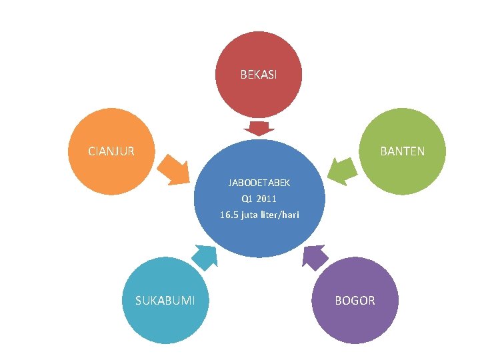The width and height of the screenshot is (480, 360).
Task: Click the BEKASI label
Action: coord(259,75)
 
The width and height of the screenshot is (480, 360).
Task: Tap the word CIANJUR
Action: coord(111,151)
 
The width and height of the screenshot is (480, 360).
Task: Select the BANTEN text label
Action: coord(402,151)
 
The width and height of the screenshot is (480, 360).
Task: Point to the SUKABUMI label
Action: coord(165,301)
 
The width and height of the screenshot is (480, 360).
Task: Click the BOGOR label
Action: coord(355,301)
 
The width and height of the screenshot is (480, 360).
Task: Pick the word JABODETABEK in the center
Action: coord(259,182)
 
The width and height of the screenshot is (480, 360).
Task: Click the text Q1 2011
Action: coord(259,199)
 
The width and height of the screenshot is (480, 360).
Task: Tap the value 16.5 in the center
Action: coord(229,215)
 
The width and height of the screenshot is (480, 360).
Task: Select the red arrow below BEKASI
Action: coord(259,128)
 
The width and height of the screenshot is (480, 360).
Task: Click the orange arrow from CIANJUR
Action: coord(175,169)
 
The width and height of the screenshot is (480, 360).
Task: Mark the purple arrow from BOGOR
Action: coord(315,255)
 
